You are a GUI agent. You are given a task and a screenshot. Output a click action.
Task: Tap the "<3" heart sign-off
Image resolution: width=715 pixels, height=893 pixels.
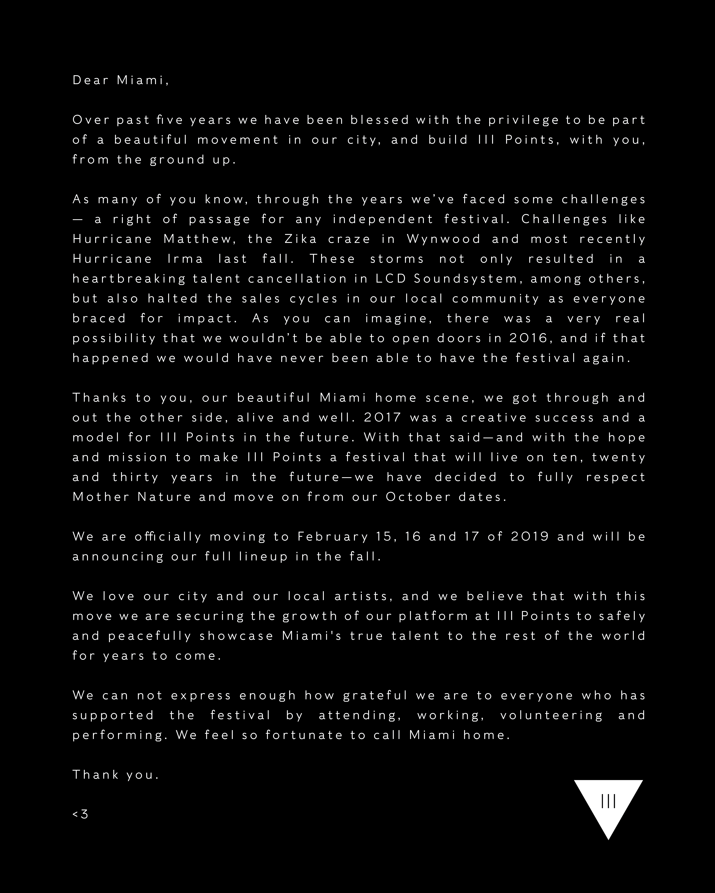(x=80, y=814)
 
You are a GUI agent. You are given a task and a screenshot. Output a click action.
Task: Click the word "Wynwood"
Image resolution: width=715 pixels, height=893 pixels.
(x=443, y=239)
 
